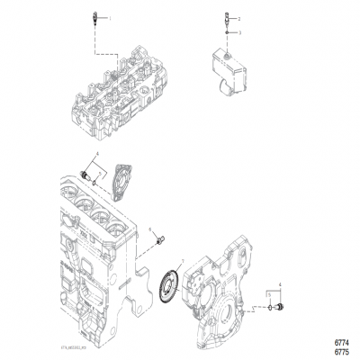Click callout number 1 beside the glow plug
109,18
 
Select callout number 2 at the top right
239,18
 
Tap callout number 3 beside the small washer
239,32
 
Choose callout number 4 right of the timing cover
280,285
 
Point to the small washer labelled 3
225,33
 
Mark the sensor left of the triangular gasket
86,172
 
